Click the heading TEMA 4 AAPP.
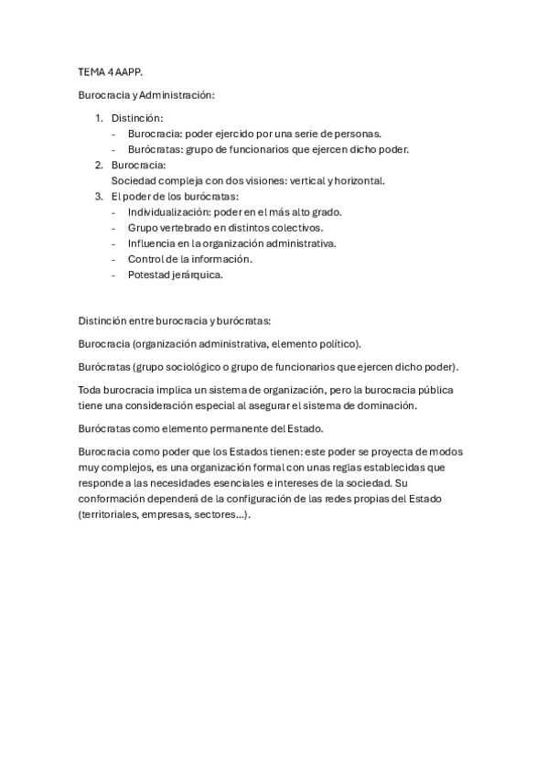click(x=104, y=70)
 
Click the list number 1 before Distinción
click(x=99, y=118)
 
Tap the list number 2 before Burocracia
click(x=99, y=165)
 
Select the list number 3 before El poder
click(x=99, y=196)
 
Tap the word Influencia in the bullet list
click(x=153, y=242)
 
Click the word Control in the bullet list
click(x=147, y=258)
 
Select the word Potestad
click(x=150, y=274)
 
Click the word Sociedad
click(x=134, y=180)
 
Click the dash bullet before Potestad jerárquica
click(x=114, y=274)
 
